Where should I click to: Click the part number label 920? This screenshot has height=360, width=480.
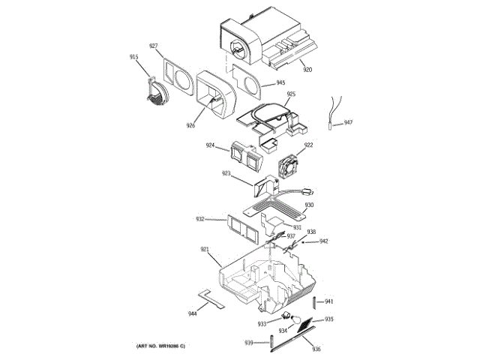click(307, 70)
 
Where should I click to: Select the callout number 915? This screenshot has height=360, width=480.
click(134, 57)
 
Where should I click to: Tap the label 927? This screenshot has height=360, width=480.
click(154, 46)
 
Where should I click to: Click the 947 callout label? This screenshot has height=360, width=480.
click(348, 122)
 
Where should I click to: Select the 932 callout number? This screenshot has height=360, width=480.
click(200, 219)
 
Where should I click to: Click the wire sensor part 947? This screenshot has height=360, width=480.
click(331, 112)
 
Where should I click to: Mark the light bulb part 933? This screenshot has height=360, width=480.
click(286, 317)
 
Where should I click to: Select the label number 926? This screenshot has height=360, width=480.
click(190, 126)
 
